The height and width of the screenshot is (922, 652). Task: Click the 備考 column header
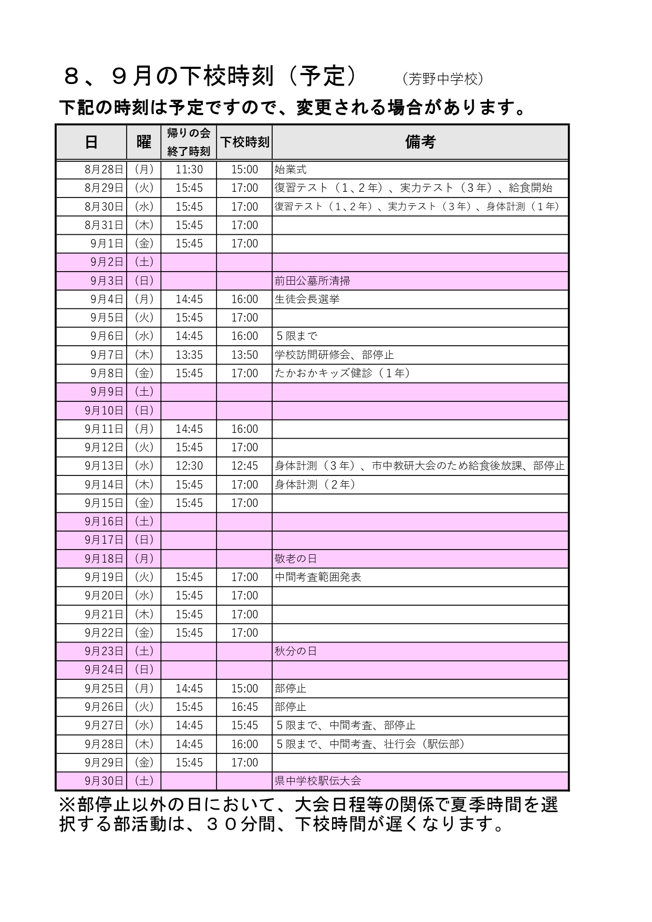(x=420, y=142)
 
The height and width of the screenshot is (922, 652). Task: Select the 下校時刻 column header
(x=244, y=142)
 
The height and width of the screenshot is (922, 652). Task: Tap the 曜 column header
(x=143, y=142)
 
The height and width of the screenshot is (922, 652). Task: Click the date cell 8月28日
(x=104, y=170)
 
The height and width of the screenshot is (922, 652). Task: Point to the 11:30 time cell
(x=189, y=170)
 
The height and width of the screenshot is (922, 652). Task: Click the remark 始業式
(x=291, y=170)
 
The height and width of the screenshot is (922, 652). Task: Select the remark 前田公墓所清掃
(x=312, y=281)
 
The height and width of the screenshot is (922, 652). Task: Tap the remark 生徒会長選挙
(x=307, y=299)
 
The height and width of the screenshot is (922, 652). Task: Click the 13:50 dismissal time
(x=245, y=355)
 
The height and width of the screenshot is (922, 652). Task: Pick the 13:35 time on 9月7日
(x=189, y=355)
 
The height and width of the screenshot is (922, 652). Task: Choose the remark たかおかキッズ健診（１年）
(x=343, y=374)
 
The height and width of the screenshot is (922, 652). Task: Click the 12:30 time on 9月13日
(x=189, y=466)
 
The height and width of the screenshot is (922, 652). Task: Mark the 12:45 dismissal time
(x=245, y=466)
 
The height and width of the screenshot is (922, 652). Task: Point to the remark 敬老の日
(x=296, y=558)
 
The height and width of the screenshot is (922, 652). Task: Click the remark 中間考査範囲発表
(x=318, y=577)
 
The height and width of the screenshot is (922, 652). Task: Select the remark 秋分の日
(x=296, y=651)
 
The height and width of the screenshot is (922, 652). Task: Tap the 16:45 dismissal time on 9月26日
(x=245, y=707)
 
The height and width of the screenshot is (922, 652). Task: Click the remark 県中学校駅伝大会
(x=318, y=781)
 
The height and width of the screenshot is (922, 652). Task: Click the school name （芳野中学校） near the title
(x=442, y=79)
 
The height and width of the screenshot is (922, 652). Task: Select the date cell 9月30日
(x=104, y=781)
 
